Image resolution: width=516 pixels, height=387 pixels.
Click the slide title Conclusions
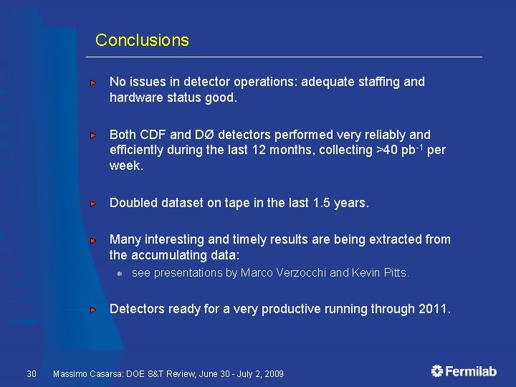142,40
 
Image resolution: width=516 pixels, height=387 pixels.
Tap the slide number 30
32,373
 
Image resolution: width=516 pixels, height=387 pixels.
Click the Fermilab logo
464,371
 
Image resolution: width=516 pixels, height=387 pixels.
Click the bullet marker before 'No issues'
93,82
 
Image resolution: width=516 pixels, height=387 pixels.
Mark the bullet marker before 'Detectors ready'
93,310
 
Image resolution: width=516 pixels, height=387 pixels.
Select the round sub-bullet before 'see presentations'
121,273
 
